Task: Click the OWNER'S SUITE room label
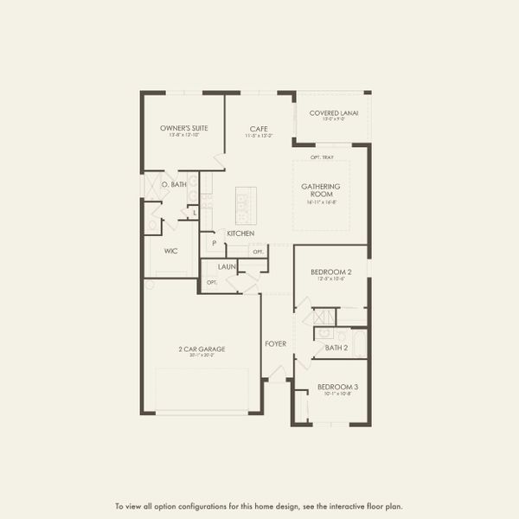coord(183,128)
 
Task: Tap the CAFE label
coord(258,128)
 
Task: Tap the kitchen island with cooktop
coord(246,205)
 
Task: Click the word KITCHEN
coord(240,234)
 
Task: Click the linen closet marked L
coord(195,212)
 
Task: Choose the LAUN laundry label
coord(227,267)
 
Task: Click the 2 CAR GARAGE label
coord(202,349)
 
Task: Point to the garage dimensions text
coord(202,356)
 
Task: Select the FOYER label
coord(275,343)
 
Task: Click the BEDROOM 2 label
coord(331,272)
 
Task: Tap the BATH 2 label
coord(336,348)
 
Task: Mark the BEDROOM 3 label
coord(336,386)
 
